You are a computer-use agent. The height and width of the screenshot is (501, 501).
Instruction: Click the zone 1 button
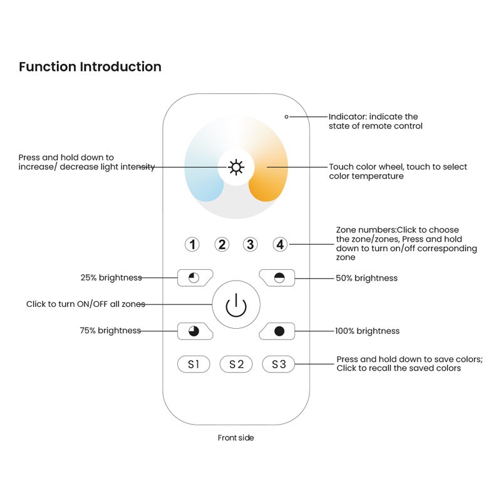pos(193,244)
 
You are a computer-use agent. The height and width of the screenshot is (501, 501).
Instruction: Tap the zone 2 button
pos(222,244)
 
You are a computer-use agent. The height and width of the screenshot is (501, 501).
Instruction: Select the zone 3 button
pos(250,244)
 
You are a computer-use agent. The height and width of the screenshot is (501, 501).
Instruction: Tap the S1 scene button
pos(194,364)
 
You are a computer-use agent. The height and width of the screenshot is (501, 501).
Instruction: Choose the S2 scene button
pos(236,364)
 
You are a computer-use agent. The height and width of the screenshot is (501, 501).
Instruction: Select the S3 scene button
pos(279,364)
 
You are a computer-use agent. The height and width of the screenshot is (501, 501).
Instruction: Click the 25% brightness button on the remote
pos(194,277)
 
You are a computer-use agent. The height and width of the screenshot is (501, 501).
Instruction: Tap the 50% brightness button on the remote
pos(279,277)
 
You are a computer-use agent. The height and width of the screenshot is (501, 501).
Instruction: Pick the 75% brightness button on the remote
pos(194,331)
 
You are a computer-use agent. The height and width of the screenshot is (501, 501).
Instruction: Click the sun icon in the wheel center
pos(236,167)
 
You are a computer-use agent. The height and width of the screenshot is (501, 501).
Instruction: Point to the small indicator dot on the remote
pos(286,116)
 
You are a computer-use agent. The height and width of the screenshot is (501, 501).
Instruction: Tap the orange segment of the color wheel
pos(268,182)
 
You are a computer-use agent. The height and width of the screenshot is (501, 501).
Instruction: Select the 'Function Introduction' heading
pos(90,67)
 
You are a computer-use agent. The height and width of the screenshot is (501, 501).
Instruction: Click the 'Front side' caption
pos(236,438)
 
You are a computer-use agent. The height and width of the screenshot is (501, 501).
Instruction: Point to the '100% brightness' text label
pos(367,331)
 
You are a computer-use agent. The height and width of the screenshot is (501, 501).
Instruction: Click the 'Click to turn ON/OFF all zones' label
pos(85,304)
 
